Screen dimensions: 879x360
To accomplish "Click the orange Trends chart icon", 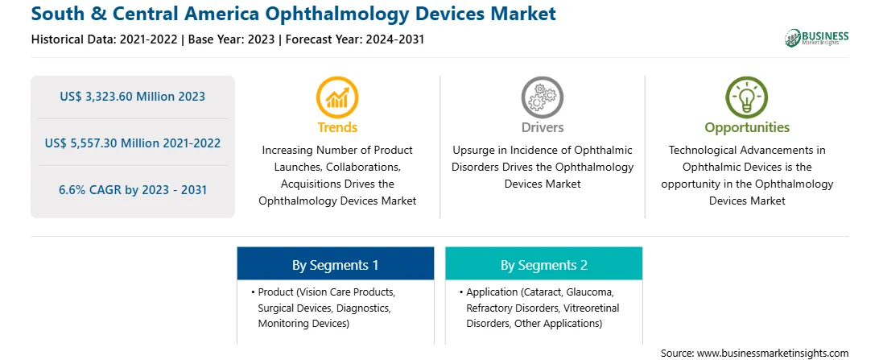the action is pos(337,97).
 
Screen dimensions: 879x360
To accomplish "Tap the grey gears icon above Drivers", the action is pos(542,97).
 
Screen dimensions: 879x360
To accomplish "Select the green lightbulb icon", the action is pos(747,97).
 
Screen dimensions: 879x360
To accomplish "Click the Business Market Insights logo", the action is pos(817,38).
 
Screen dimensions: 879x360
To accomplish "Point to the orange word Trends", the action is pos(337,127).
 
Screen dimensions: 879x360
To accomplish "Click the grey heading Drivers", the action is pos(543,127).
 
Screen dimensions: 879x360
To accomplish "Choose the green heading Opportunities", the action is pos(747,128).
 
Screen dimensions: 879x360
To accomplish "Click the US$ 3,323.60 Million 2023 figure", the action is pos(133,97).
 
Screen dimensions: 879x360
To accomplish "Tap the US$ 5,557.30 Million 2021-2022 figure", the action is pos(133,143).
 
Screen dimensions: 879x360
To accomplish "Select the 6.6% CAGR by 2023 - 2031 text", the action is pos(133,189).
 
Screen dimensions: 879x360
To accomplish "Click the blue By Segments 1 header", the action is pos(335,265).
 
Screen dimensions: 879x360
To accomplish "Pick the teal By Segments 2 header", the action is pos(544,265).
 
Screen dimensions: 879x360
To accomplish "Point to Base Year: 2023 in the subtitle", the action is pos(232,39).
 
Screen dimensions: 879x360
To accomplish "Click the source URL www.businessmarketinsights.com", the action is pos(773,354).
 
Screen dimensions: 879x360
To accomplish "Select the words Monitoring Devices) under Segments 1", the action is pos(303,324).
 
